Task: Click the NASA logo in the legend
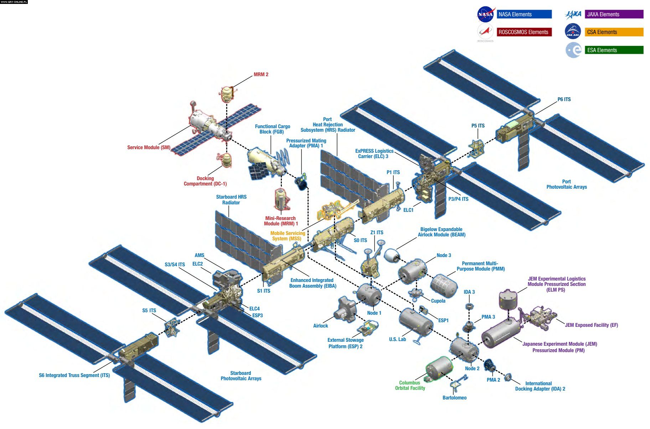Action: pyautogui.click(x=485, y=15)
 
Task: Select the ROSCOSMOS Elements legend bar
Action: pyautogui.click(x=524, y=32)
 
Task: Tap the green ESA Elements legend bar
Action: pyautogui.click(x=614, y=50)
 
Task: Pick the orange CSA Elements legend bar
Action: pyautogui.click(x=614, y=32)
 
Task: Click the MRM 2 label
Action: pyautogui.click(x=261, y=74)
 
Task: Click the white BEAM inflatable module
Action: pyautogui.click(x=392, y=255)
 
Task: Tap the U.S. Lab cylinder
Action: pyautogui.click(x=416, y=323)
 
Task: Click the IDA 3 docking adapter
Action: pyautogui.click(x=469, y=307)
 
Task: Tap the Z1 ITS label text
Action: pyautogui.click(x=377, y=232)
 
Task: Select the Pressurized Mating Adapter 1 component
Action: pyautogui.click(x=301, y=182)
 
